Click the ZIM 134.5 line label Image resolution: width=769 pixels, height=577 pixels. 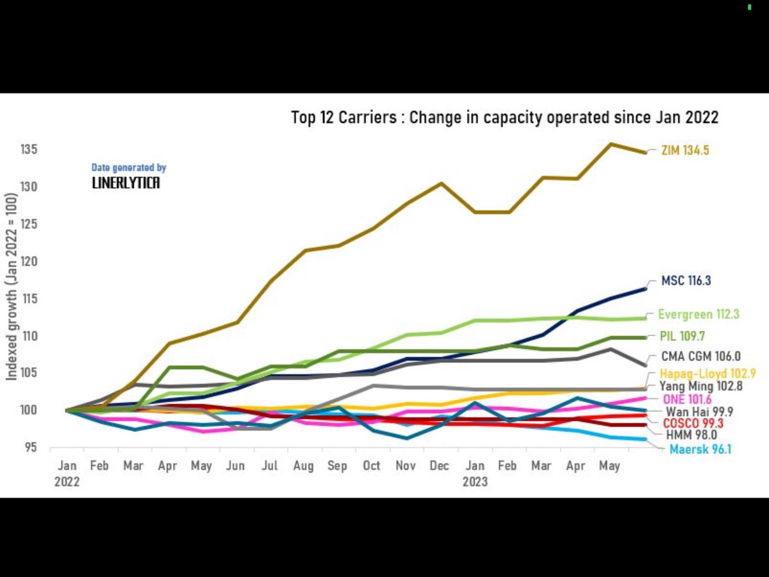[685, 151]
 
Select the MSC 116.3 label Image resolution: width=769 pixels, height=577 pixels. [686, 281]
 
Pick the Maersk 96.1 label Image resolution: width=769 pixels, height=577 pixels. [700, 449]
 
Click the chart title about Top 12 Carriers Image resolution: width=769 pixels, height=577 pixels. [504, 117]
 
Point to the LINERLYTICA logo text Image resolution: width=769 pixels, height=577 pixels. [126, 183]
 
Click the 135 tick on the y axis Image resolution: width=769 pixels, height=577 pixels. [29, 150]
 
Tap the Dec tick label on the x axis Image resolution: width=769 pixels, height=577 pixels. [439, 466]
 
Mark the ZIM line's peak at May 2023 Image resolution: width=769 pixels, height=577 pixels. [610, 144]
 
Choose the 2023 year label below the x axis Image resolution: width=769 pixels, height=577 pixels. [475, 482]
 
